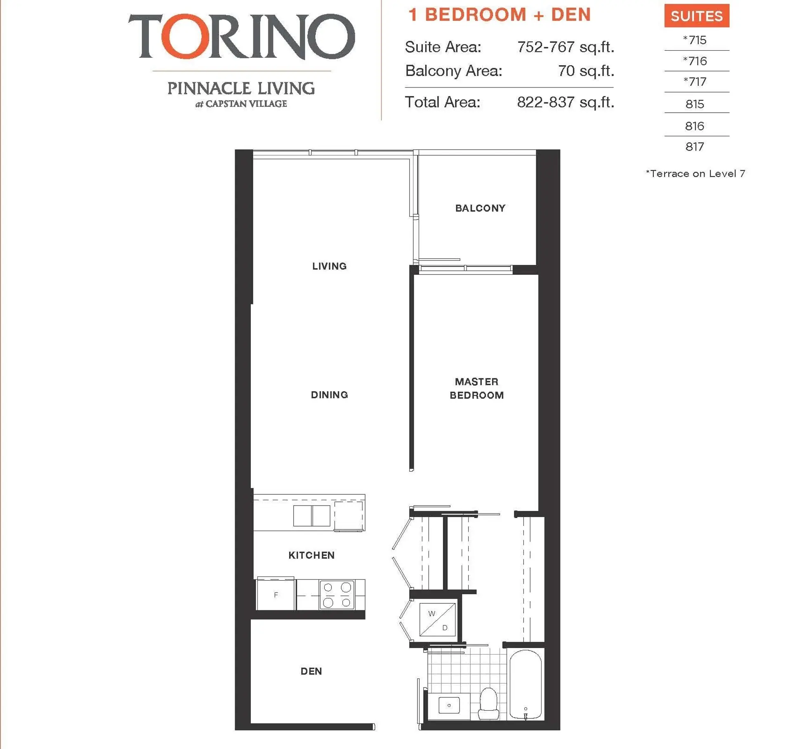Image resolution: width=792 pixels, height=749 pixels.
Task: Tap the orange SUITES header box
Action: tap(696, 16)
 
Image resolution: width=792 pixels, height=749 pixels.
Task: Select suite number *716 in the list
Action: tap(695, 61)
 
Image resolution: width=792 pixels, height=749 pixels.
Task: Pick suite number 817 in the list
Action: tap(695, 146)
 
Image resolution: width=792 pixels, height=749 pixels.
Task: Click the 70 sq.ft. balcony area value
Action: tap(586, 71)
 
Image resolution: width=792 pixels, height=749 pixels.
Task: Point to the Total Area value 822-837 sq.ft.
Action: tap(565, 102)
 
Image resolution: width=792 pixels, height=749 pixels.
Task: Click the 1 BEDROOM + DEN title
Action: tap(499, 15)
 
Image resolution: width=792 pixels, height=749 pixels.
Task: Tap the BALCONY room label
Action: tap(480, 208)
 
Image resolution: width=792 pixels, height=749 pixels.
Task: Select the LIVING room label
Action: tap(329, 266)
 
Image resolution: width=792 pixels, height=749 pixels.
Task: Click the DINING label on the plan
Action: tap(329, 395)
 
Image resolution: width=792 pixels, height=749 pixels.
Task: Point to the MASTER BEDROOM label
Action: tap(476, 388)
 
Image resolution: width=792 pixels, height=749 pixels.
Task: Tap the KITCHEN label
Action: tap(311, 555)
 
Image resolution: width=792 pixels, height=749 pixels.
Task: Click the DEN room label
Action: tap(311, 671)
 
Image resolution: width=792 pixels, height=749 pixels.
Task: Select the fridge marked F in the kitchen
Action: tap(276, 595)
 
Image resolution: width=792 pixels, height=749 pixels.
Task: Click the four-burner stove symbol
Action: tap(337, 595)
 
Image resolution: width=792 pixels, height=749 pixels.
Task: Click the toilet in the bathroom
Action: tap(489, 704)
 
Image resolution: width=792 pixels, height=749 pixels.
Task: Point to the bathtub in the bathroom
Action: tap(525, 685)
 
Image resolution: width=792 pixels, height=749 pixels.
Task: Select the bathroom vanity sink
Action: tap(449, 705)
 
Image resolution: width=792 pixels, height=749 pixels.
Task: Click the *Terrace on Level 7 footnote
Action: tap(695, 174)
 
